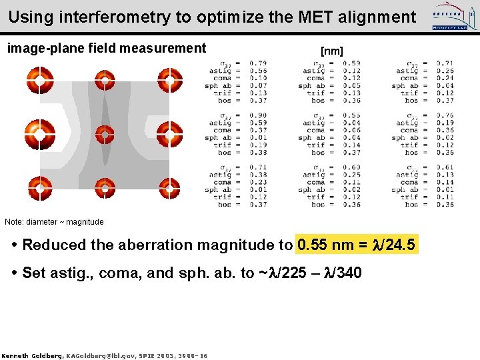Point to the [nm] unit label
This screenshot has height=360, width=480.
point(331,51)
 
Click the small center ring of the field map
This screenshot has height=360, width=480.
point(105,135)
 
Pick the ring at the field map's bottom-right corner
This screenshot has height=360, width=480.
point(170,189)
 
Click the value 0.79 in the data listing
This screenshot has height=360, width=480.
point(258,63)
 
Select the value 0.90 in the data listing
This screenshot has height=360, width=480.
point(258,115)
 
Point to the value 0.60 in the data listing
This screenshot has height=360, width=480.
point(351,167)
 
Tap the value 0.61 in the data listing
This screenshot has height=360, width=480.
point(445,167)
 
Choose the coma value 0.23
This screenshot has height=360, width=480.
point(258,182)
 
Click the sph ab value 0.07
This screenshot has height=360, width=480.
point(258,85)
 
